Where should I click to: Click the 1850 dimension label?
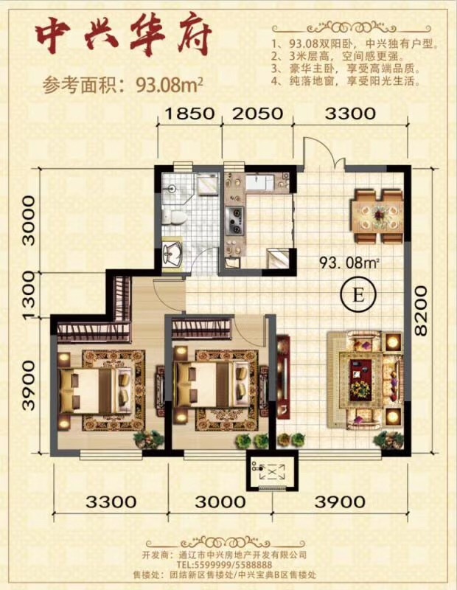tap(189, 114)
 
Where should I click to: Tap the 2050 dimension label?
tap(257, 114)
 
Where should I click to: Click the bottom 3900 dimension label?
tap(340, 502)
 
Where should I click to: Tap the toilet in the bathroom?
tap(174, 217)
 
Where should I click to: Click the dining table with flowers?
tap(377, 216)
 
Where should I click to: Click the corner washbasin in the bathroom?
tap(172, 254)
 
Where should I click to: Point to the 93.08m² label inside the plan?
tap(349, 262)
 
